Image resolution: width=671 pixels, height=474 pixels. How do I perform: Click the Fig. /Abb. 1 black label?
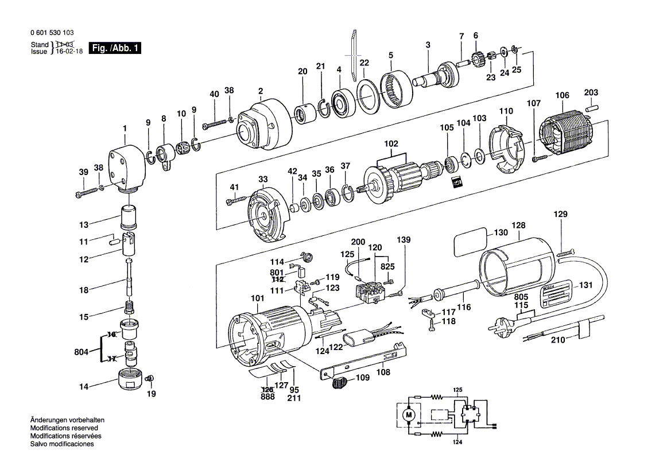[x=115, y=48]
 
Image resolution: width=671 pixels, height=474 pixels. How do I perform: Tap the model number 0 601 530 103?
[x=52, y=33]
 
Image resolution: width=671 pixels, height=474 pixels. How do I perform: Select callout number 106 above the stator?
[x=562, y=95]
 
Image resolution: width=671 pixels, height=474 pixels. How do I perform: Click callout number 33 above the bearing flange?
[x=263, y=179]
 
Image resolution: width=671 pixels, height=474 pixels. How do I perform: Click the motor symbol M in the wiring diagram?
[x=409, y=414]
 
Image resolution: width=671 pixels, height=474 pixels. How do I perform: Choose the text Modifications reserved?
[x=64, y=428]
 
